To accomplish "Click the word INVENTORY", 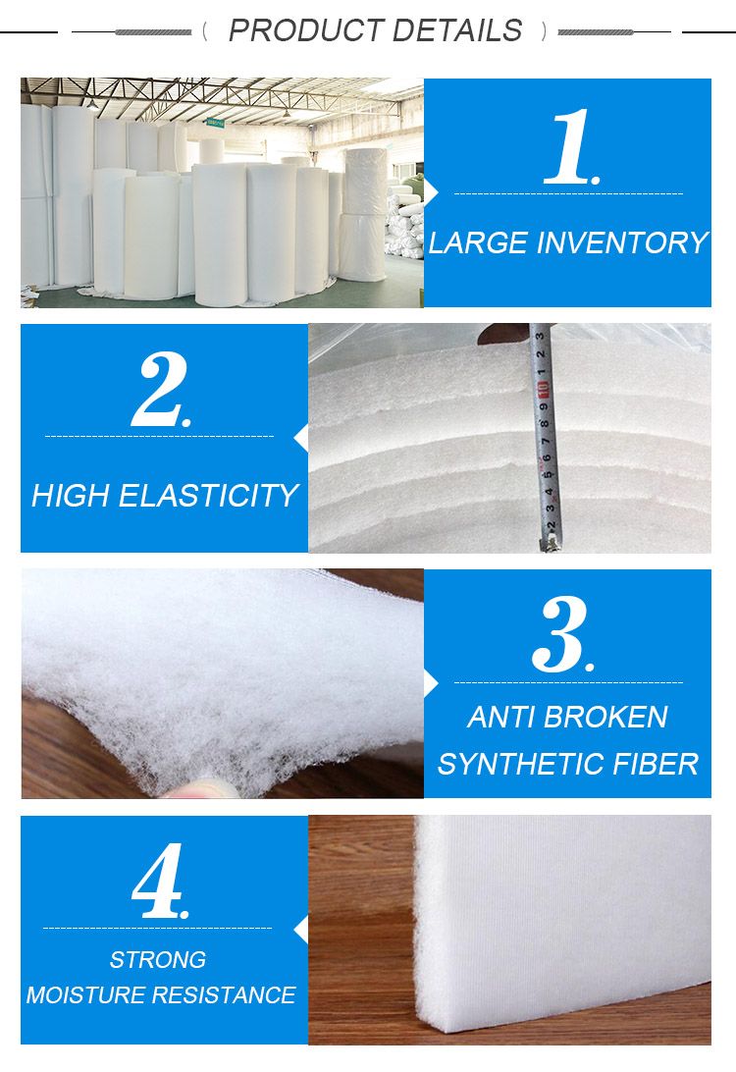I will click(x=618, y=242).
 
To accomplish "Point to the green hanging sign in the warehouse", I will click(x=215, y=123).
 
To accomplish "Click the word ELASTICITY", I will click(x=208, y=496).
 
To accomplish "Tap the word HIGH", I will click(x=71, y=496).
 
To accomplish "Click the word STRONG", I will click(x=158, y=959).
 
